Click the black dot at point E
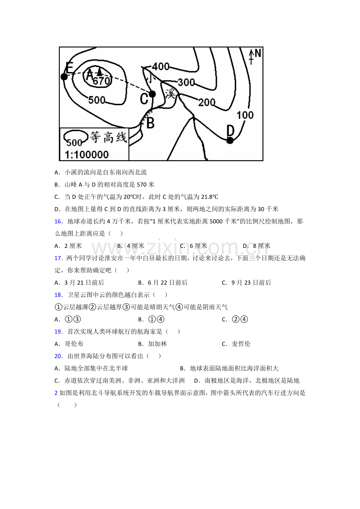[64, 77]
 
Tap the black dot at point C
[152, 94]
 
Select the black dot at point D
[230, 140]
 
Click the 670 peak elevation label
[102, 81]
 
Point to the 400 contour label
[161, 66]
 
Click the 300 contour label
[186, 82]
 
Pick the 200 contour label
[207, 102]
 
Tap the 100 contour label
[245, 115]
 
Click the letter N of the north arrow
[258, 54]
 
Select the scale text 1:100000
[86, 155]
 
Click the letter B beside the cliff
[150, 123]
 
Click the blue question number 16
[58, 221]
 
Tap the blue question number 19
[58, 332]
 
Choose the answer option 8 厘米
[261, 246]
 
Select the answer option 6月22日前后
[167, 283]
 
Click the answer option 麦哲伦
[241, 344]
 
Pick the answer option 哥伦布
[74, 344]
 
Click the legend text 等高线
[108, 137]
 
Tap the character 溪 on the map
[170, 93]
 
